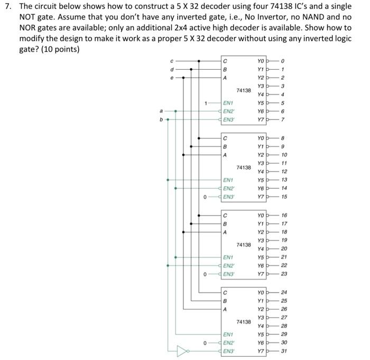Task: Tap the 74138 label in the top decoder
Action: point(244,90)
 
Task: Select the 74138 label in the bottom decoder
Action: point(244,321)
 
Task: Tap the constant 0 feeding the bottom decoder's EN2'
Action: point(206,342)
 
